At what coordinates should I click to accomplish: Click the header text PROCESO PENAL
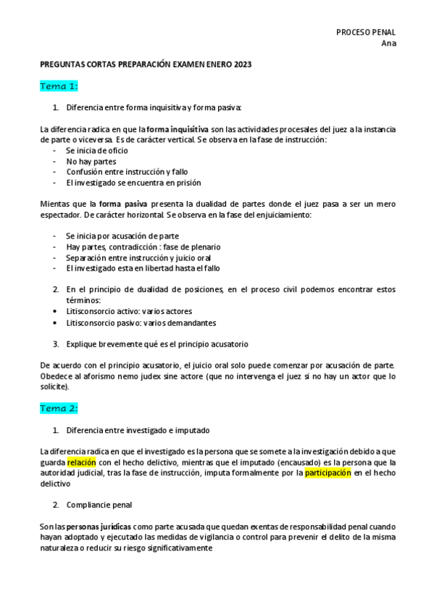pos(366,32)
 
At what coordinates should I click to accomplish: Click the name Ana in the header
pos(388,43)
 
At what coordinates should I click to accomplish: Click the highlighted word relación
pos(81,461)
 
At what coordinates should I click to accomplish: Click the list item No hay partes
pos(92,161)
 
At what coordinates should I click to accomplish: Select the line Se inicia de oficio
pos(99,150)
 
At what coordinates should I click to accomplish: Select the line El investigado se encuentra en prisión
pos(133,183)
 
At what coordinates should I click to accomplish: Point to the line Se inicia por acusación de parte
pos(122,236)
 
